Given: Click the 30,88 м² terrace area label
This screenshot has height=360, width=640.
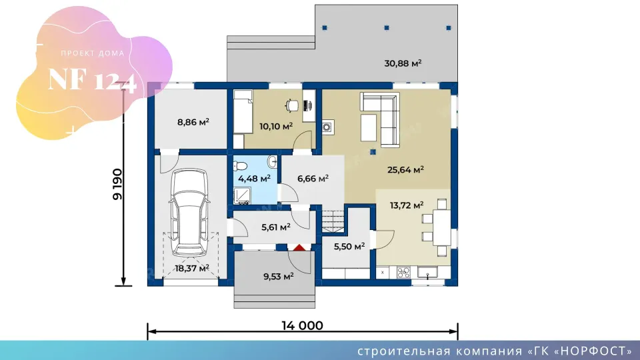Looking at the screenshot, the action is pos(403,63).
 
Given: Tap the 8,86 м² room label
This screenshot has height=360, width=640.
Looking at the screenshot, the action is pos(193,121).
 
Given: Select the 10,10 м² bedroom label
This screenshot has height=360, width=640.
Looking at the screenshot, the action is pos(276,126).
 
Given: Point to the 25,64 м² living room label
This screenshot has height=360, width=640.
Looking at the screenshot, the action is pos(405,169).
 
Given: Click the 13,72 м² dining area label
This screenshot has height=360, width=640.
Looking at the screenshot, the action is pos(407,205).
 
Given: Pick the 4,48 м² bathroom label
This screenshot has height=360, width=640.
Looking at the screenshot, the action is pos(254,179).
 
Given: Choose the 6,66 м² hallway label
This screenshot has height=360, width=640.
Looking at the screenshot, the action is pos(313,179).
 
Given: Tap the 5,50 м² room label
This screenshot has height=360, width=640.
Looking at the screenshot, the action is pos(349,247).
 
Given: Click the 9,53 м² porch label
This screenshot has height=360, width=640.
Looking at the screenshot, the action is pos(279,276).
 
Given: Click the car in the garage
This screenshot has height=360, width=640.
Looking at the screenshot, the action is pos(189,212).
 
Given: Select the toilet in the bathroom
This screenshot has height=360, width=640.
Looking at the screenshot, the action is pos(240,166).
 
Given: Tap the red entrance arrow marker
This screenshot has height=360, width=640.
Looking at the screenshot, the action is pos(299,247).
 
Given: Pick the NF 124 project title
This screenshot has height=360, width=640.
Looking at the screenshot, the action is pos(92,80).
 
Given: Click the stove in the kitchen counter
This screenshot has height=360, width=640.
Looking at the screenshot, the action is pos(403,272).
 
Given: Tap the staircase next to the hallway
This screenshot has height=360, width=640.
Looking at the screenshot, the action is pos(333,221).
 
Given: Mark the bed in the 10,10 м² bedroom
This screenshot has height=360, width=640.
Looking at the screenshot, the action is pos(243,111).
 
